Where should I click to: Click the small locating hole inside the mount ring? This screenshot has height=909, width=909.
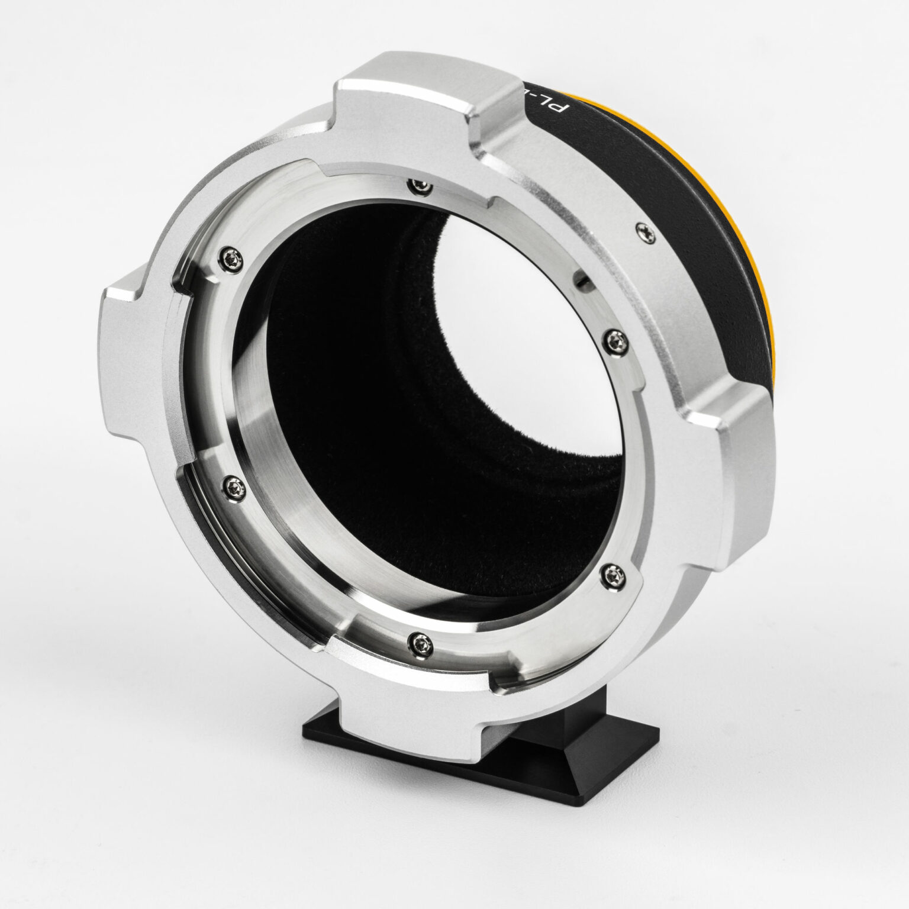pos(582,278)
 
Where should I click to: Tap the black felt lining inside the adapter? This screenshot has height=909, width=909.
pos(379,355)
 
